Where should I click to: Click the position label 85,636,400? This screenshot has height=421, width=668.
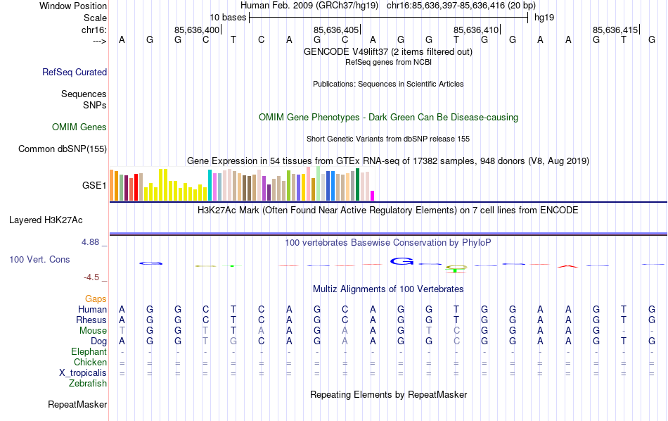coord(197,30)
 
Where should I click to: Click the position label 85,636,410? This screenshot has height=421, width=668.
coord(476,30)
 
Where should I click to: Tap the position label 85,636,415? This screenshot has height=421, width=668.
coord(615,30)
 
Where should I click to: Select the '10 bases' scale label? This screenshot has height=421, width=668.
coord(228,17)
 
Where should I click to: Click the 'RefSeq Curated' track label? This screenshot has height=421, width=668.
coord(75,72)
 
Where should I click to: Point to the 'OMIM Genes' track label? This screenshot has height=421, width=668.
coord(79,127)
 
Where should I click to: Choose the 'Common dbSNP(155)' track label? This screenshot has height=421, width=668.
coord(63,149)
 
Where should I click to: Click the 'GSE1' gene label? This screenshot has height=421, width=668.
coord(94,186)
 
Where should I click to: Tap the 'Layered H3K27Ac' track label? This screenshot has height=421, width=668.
coord(58,220)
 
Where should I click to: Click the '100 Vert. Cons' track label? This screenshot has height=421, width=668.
coord(39,259)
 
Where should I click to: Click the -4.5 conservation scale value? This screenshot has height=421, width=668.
coord(95,277)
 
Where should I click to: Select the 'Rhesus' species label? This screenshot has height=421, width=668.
coord(91,320)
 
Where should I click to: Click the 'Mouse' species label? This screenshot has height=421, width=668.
coord(93,330)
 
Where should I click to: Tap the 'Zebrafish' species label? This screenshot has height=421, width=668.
coord(88,383)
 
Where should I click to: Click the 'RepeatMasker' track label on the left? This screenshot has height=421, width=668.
coord(77,404)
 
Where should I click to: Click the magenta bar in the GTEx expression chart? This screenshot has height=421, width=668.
coord(373,196)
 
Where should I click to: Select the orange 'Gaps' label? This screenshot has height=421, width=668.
coord(96,299)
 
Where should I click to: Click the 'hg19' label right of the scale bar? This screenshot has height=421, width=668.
coord(544,17)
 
